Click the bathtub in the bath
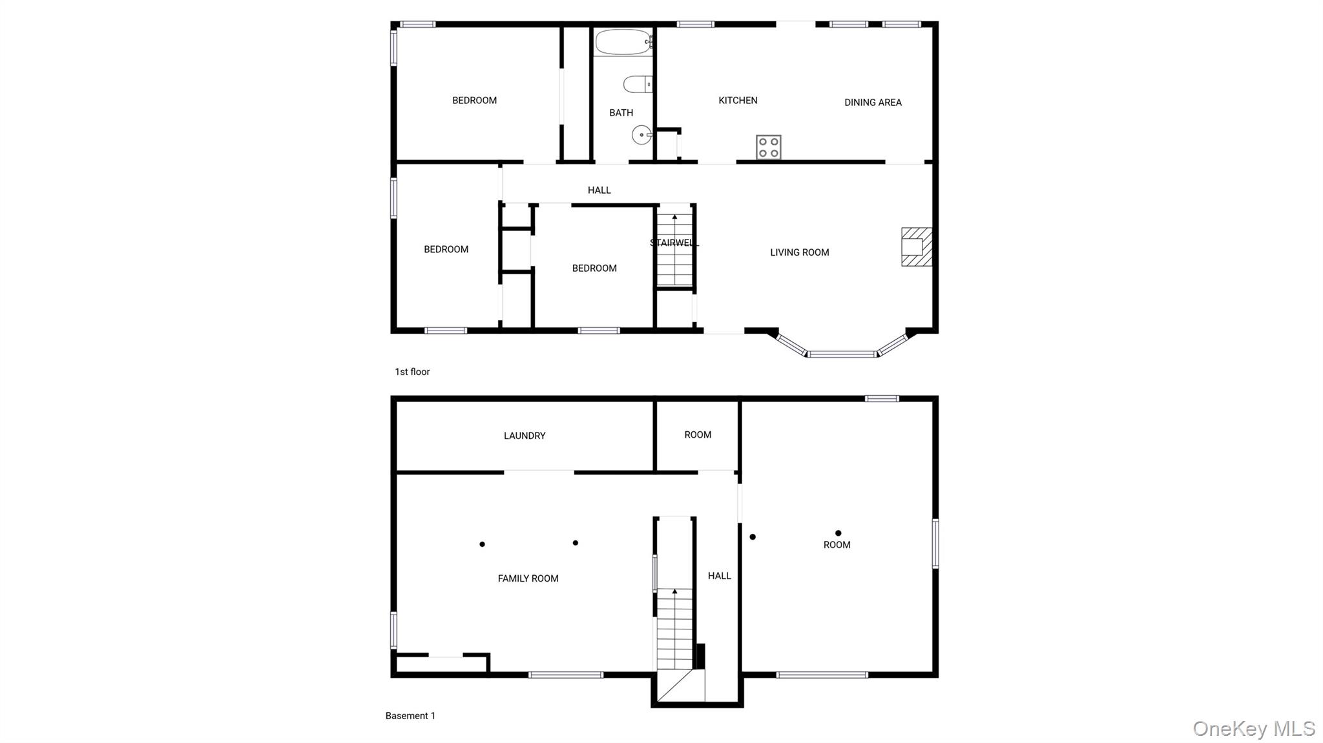pyautogui.click(x=623, y=42)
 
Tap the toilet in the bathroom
pyautogui.click(x=638, y=85)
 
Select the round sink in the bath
pyautogui.click(x=641, y=135)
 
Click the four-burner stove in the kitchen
pyautogui.click(x=769, y=147)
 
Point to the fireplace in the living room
pyautogui.click(x=917, y=247)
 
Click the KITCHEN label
pyautogui.click(x=738, y=101)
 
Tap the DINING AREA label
pyautogui.click(x=873, y=103)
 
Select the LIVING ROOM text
pyautogui.click(x=800, y=252)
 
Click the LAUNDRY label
pyautogui.click(x=525, y=436)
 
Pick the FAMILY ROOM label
pyautogui.click(x=528, y=578)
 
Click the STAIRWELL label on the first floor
pyautogui.click(x=674, y=243)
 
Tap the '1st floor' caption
pyautogui.click(x=412, y=372)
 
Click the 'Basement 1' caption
pyautogui.click(x=410, y=716)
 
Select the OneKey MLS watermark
pyautogui.click(x=1254, y=729)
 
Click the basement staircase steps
pyautogui.click(x=675, y=629)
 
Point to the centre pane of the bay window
pyautogui.click(x=842, y=354)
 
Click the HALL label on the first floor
pyautogui.click(x=599, y=190)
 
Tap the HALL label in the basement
pyautogui.click(x=719, y=576)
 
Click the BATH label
pyautogui.click(x=621, y=113)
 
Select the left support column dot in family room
pyautogui.click(x=482, y=544)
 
